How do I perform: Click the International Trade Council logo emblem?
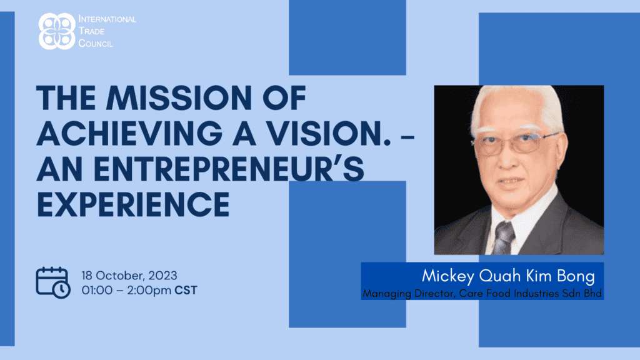click(x=57, y=31)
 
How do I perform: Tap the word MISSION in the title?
click(x=179, y=98)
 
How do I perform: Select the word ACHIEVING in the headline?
click(x=130, y=134)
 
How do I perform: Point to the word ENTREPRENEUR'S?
click(x=229, y=169)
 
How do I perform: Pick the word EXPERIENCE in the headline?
click(x=133, y=204)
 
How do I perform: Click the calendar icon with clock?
click(x=53, y=282)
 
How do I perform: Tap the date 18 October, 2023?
click(x=129, y=276)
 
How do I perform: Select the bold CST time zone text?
click(x=186, y=290)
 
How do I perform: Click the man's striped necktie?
click(x=503, y=238)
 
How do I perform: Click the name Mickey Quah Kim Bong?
click(x=508, y=276)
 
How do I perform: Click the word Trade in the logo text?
click(x=91, y=31)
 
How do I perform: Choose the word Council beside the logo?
click(x=96, y=43)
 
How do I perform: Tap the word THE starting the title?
click(x=66, y=98)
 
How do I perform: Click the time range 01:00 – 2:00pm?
click(x=126, y=290)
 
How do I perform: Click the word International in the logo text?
click(x=107, y=19)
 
